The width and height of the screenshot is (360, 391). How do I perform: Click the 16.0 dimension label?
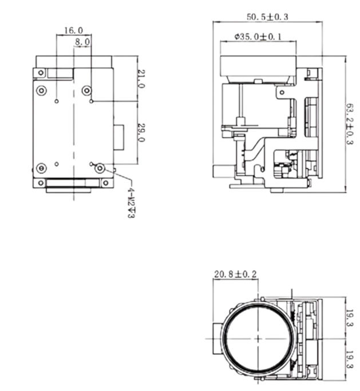[74, 31]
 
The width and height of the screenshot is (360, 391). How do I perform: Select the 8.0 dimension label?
[82, 42]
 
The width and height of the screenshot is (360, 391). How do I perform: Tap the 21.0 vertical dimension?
[141, 79]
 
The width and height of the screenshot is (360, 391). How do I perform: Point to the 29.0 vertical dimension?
[141, 133]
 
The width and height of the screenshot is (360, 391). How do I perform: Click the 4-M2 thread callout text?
[131, 203]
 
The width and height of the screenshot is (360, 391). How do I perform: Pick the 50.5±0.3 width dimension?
[267, 17]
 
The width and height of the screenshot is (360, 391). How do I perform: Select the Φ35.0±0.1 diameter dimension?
[258, 37]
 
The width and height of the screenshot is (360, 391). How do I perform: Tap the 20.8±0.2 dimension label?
[235, 275]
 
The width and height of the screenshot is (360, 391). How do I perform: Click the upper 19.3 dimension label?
[350, 318]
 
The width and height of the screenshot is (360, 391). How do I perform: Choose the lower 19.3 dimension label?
[350, 360]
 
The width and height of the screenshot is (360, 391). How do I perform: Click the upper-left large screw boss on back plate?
[41, 90]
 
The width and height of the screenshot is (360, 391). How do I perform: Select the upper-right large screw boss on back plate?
[87, 90]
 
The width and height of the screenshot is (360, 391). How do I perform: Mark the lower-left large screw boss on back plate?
[41, 168]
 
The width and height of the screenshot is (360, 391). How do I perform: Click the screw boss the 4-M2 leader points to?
[100, 168]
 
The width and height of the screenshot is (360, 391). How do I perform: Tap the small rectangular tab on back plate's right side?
[119, 137]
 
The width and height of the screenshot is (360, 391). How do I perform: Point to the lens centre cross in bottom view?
[258, 339]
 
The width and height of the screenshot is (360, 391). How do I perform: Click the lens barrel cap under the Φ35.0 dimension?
[258, 66]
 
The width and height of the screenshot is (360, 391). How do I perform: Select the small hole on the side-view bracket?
[282, 93]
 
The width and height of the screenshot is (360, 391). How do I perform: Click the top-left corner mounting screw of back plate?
[41, 73]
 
